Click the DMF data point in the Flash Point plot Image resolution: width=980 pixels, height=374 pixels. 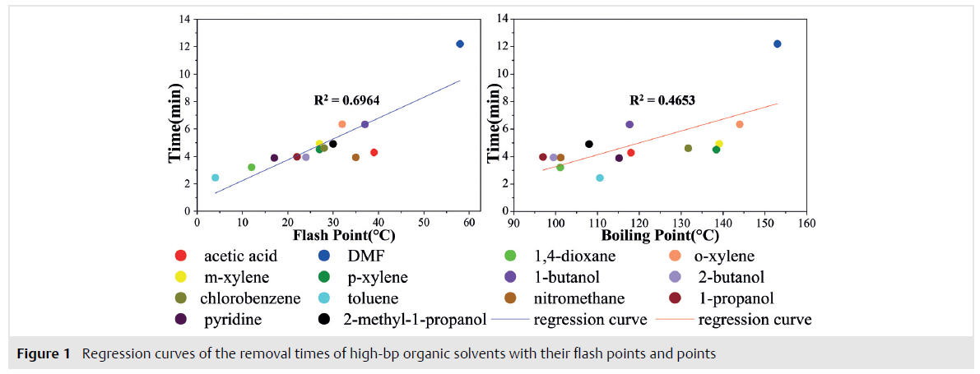point(460,44)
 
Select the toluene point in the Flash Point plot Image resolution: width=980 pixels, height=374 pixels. point(216,178)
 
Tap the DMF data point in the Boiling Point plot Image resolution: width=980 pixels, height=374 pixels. point(778,44)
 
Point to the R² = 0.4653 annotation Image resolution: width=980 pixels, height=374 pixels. point(662,101)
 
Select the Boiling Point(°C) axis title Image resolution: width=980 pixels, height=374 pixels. point(661,237)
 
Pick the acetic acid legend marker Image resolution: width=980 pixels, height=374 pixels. point(182,256)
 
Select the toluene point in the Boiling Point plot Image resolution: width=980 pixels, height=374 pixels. point(600,178)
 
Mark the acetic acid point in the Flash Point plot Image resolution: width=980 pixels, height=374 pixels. point(374,152)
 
